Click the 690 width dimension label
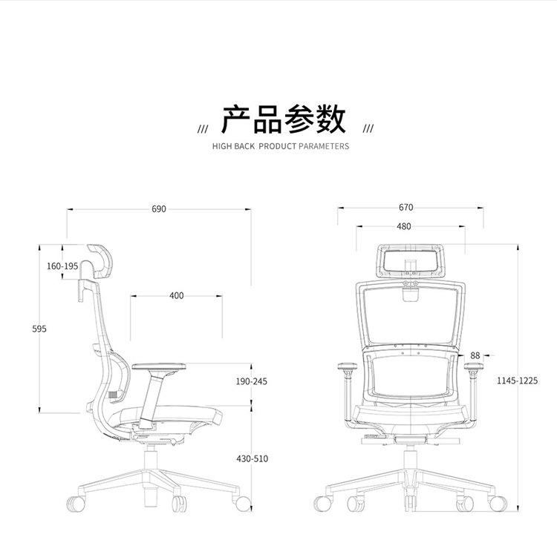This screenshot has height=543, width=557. [159, 209]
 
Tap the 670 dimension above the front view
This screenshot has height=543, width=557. [406, 207]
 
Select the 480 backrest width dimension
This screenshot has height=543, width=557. [404, 226]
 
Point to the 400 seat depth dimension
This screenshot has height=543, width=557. [177, 296]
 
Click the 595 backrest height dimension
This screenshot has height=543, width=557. [39, 329]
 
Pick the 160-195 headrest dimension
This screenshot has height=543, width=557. [62, 266]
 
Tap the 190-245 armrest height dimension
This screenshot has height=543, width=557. [252, 381]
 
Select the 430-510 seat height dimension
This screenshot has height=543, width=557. [253, 459]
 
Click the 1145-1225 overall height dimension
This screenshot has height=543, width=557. [517, 381]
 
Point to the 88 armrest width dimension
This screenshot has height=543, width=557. [475, 355]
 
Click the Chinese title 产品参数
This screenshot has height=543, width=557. [284, 119]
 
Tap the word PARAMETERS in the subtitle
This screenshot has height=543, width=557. [324, 146]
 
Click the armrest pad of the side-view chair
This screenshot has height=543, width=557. [159, 366]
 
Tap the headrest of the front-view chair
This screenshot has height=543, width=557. [411, 261]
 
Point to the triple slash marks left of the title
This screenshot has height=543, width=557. [203, 128]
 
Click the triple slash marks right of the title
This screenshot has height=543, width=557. [368, 128]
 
